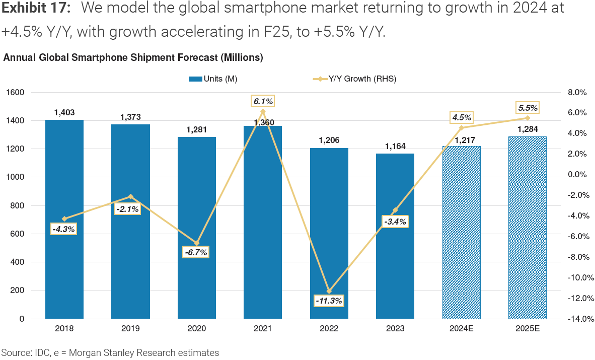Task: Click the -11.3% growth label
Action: click(x=329, y=301)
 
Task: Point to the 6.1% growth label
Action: click(x=263, y=101)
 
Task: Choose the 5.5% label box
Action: click(x=528, y=107)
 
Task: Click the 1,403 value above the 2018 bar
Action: click(x=64, y=113)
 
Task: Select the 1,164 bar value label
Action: click(x=395, y=147)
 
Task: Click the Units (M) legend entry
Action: click(x=212, y=79)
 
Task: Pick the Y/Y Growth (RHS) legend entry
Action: click(x=355, y=79)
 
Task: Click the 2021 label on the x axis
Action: click(x=263, y=329)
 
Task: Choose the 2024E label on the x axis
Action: click(x=461, y=329)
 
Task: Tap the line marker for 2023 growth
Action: click(x=395, y=210)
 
